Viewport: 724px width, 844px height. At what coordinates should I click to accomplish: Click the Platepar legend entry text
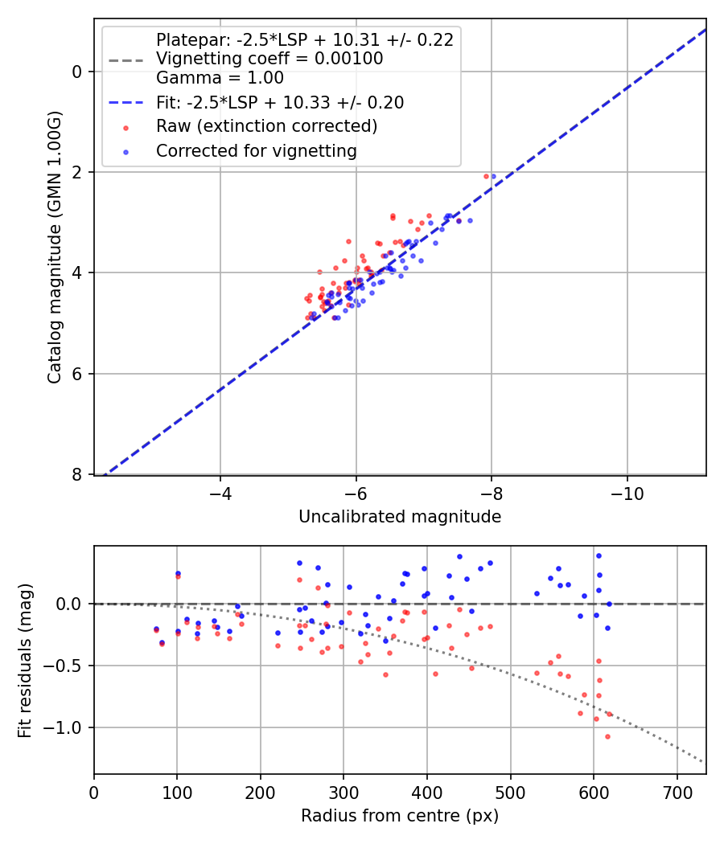(304, 40)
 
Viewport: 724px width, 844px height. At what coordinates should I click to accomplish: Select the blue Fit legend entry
(279, 103)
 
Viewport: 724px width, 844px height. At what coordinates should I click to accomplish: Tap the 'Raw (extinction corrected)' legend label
(266, 126)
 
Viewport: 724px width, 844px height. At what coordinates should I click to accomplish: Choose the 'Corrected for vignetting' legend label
(256, 151)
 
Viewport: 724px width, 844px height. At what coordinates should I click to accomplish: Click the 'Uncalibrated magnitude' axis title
(400, 517)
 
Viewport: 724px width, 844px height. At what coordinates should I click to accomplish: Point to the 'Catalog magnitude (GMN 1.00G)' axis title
(54, 247)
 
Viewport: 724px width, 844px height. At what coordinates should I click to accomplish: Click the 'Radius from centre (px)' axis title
(400, 816)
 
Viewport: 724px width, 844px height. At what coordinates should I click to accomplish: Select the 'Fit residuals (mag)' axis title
(26, 660)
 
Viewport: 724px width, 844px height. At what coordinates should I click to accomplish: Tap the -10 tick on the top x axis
(627, 492)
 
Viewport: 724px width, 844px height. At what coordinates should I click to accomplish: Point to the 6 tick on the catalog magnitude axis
(77, 374)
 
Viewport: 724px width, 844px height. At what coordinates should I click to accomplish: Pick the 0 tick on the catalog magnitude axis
(77, 72)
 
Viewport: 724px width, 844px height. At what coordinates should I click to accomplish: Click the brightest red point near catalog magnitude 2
(486, 176)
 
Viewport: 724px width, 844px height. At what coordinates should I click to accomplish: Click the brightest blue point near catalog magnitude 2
(493, 176)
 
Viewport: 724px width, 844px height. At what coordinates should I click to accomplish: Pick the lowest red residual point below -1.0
(607, 736)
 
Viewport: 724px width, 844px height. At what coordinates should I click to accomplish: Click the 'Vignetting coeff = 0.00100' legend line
(269, 59)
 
